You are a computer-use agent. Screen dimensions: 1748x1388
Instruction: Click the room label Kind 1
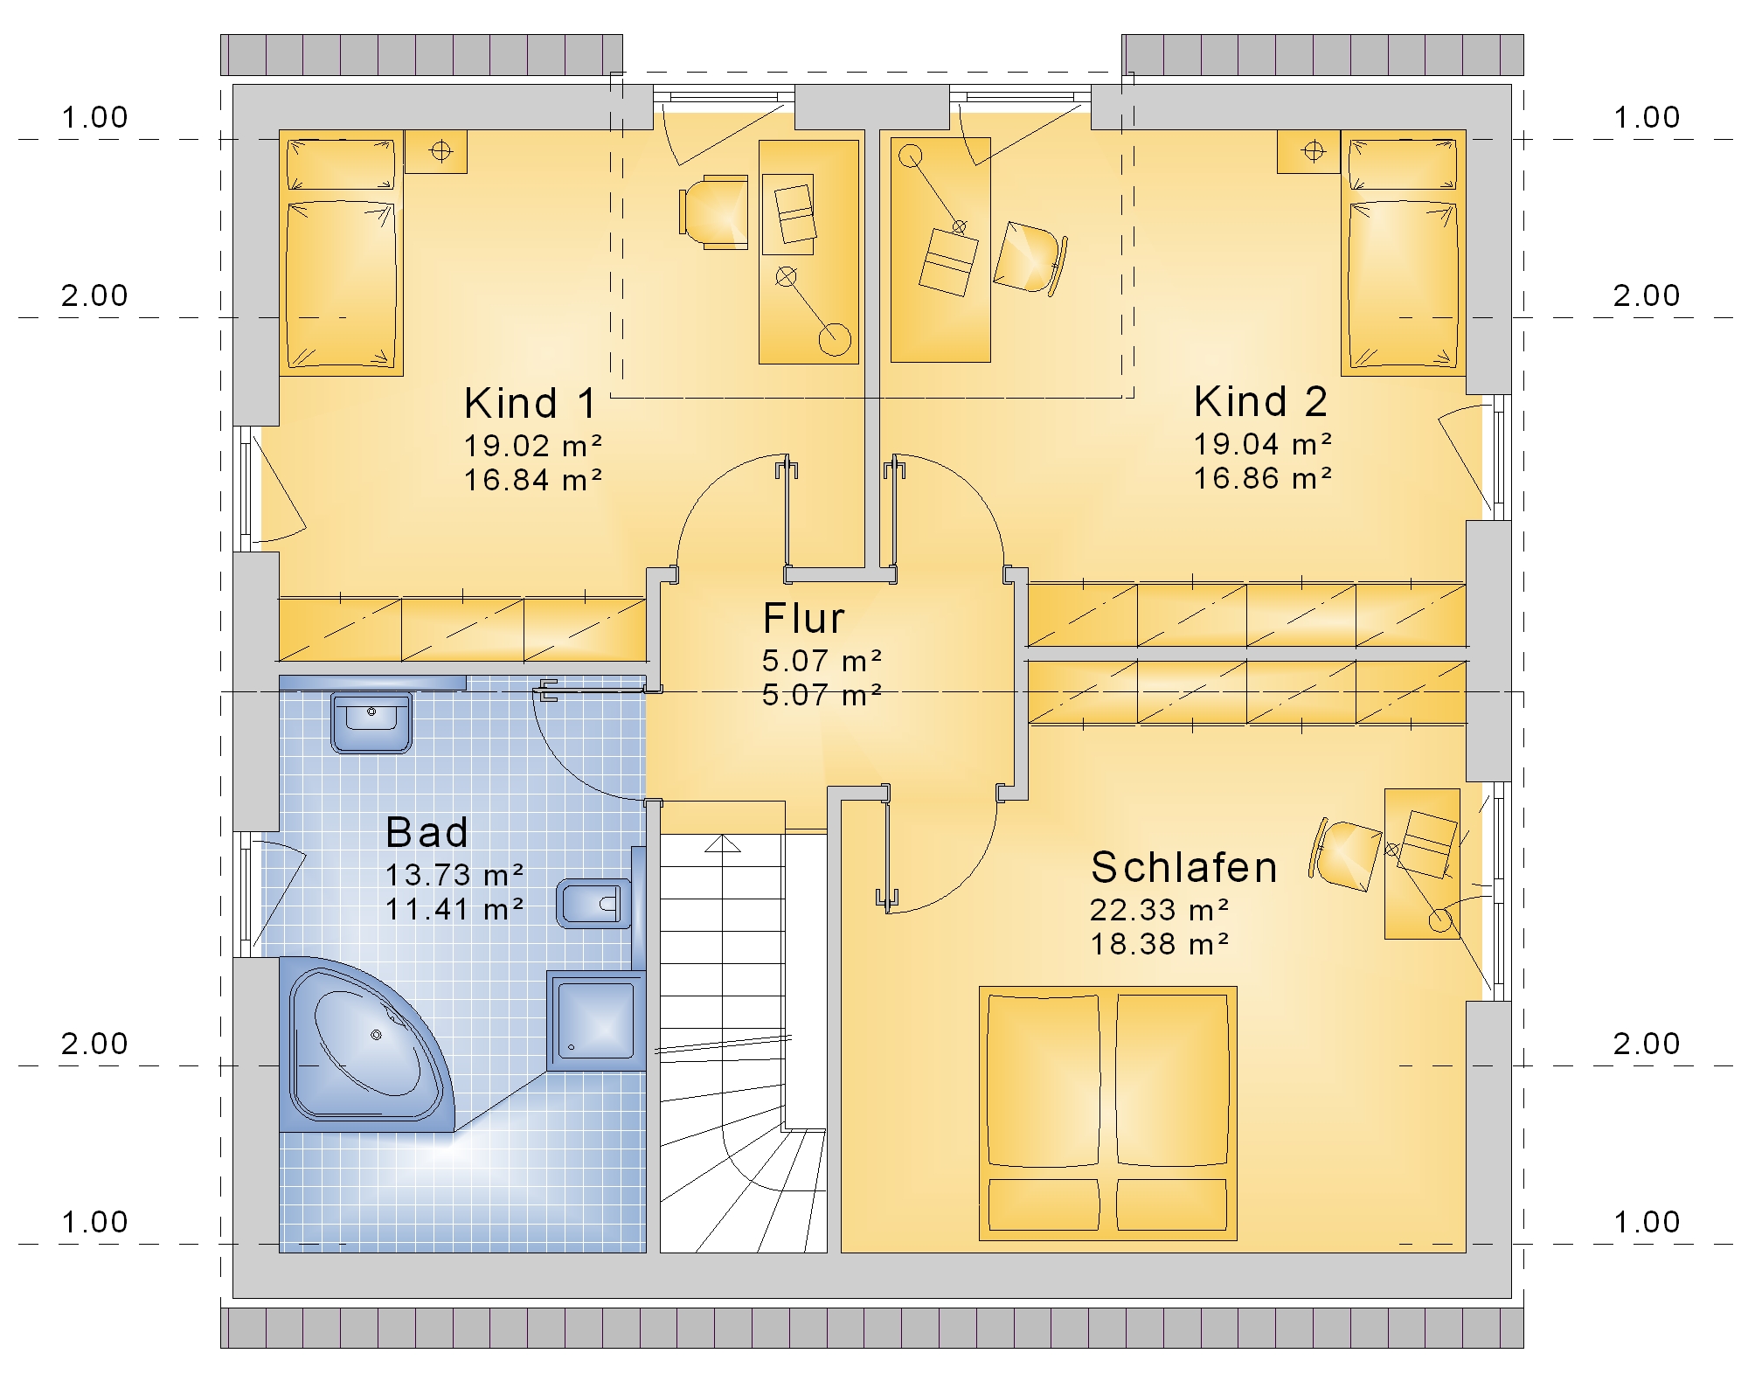coord(531,404)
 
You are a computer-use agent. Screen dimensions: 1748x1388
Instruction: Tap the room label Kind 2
coord(1260,402)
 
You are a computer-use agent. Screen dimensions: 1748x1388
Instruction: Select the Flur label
coord(803,619)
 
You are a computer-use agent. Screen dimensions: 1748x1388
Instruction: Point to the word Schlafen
coord(1184,868)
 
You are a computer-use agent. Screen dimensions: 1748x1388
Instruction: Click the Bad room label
coord(427,832)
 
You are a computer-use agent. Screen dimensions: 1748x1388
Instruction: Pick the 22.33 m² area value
coord(1159,910)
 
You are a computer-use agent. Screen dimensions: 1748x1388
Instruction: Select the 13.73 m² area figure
coord(454,875)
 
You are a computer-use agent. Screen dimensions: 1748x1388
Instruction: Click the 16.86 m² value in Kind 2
coord(1263,478)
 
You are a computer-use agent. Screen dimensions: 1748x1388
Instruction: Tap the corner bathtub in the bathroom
coord(367,1044)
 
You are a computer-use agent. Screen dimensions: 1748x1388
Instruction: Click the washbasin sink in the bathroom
coord(371,722)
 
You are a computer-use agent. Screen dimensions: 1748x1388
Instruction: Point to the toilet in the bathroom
coord(594,903)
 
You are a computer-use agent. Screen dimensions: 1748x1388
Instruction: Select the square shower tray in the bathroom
coord(595,1020)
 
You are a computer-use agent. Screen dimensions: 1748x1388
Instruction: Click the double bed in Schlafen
coord(1108,1114)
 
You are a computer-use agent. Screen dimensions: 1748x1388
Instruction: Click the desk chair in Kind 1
coord(714,212)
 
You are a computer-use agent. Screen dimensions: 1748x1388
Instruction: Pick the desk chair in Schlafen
coord(1344,855)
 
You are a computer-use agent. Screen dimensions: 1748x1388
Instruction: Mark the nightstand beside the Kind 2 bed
coord(1308,152)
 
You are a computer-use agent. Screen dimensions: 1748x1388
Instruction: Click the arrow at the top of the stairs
coord(723,843)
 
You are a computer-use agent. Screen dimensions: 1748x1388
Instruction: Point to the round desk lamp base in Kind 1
coord(835,338)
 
